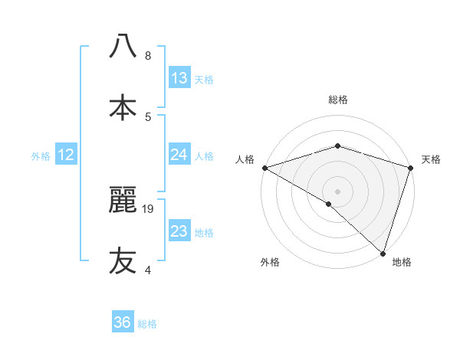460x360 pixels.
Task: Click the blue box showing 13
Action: tap(179, 78)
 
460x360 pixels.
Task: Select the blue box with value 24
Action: tap(179, 155)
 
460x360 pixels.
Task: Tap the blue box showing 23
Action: tap(179, 231)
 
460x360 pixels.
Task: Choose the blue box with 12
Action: tap(66, 155)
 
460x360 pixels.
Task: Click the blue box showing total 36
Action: tap(123, 322)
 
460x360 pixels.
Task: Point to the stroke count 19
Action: tap(149, 208)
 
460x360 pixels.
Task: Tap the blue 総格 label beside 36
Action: tap(147, 324)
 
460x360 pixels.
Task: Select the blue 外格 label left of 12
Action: tap(41, 156)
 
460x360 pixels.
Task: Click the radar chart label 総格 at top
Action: tap(337, 100)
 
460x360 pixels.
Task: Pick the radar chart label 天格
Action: tap(431, 159)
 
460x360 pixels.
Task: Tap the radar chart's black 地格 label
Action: tap(402, 263)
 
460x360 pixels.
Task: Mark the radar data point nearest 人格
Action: tap(264, 167)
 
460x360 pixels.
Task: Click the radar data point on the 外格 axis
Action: tap(329, 204)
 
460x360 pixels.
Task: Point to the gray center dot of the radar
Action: tap(337, 191)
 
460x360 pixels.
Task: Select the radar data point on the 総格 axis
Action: tap(337, 146)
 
